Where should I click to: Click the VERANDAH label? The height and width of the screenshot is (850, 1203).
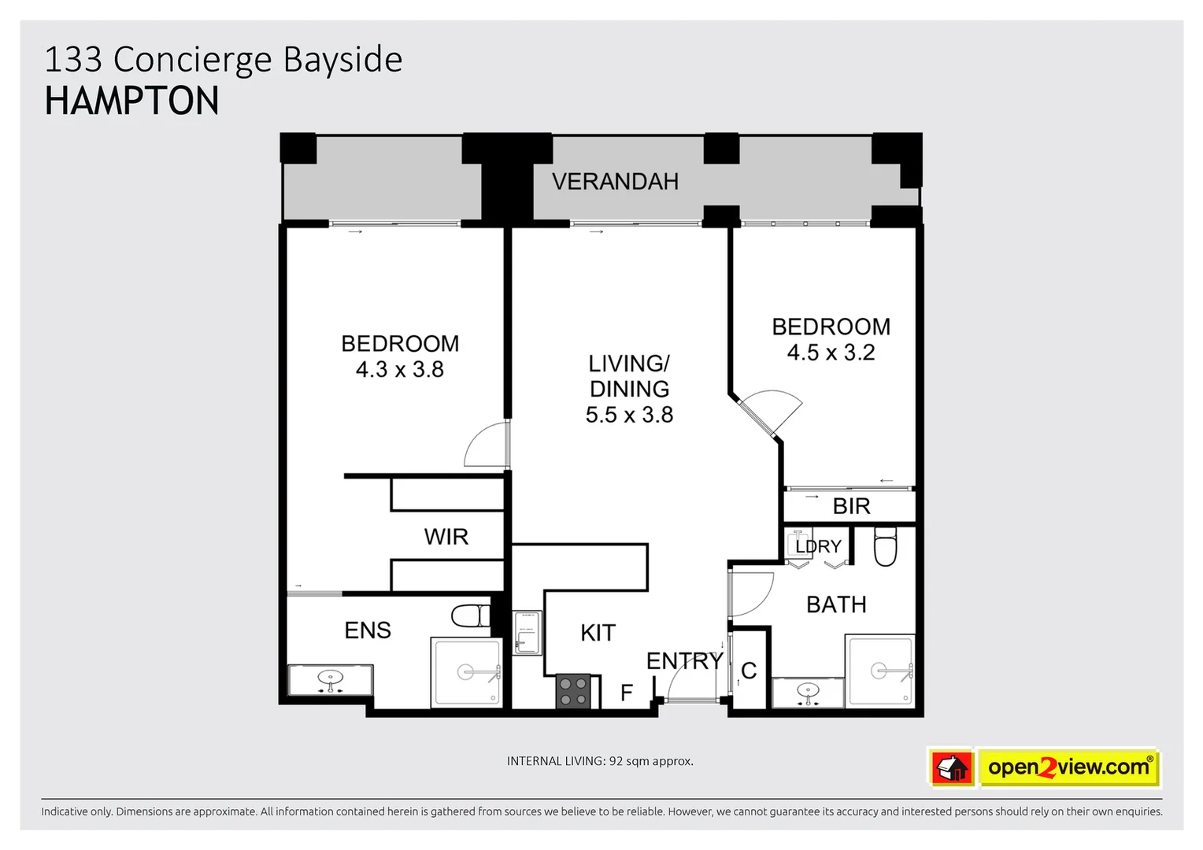(615, 182)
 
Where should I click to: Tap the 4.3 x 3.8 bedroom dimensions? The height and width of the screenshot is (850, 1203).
(399, 370)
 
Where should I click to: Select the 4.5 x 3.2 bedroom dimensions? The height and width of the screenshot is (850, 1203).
(831, 353)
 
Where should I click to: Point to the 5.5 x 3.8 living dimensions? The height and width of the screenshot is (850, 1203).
(629, 415)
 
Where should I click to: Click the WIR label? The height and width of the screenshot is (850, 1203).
(446, 537)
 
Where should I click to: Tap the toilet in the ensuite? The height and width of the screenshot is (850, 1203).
(471, 615)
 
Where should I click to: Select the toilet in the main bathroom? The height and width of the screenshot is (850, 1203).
(886, 547)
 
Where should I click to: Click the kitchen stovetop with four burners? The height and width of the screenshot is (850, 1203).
(573, 691)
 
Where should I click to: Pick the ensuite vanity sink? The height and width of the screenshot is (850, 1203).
(331, 679)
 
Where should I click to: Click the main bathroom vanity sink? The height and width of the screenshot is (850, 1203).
(808, 693)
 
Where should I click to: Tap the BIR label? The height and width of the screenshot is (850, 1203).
(851, 506)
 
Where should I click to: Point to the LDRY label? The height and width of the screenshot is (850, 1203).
(818, 546)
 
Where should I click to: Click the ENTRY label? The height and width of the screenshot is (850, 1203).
(684, 661)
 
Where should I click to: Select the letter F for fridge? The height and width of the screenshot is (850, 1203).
(627, 693)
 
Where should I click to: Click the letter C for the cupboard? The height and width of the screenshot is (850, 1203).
(749, 671)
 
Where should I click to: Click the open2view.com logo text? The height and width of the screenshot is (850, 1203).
(1068, 767)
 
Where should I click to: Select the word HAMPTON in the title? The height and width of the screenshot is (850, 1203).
(132, 102)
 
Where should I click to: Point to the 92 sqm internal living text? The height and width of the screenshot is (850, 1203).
(600, 761)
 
